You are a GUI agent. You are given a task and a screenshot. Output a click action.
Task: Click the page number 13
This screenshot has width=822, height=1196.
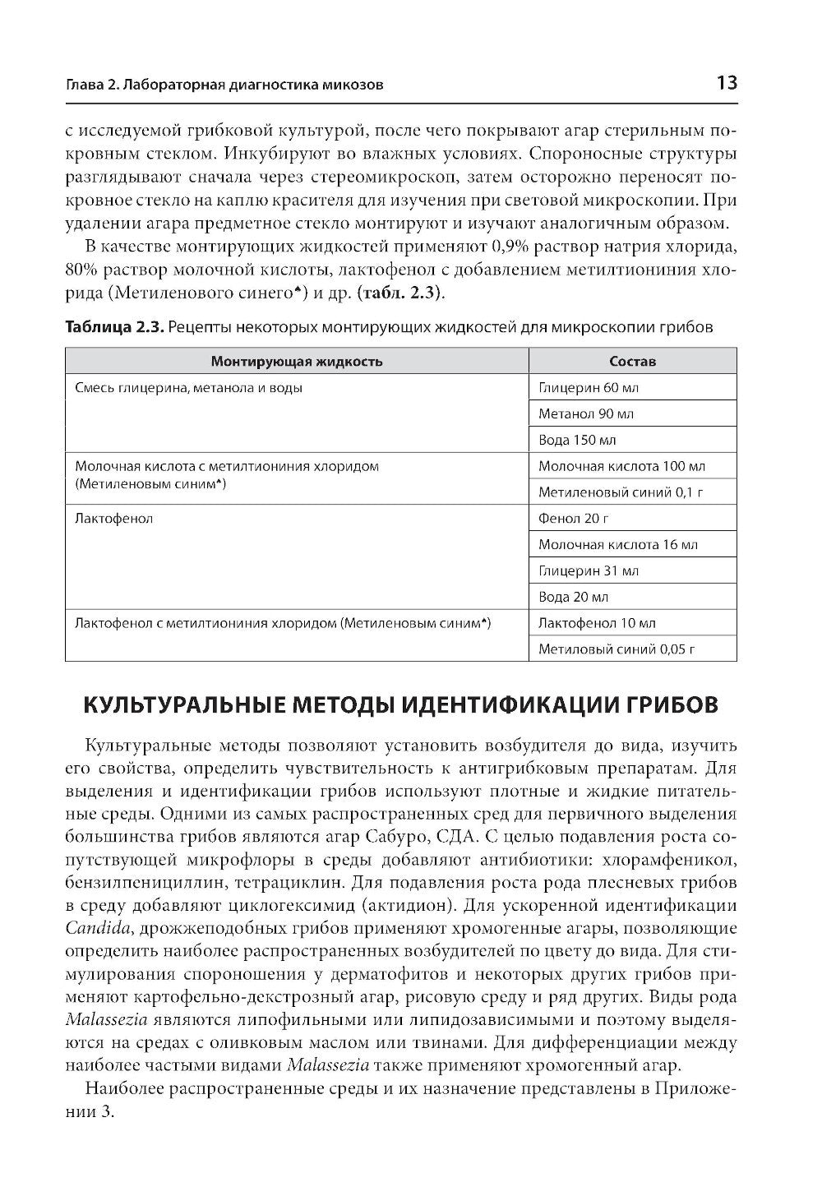pyautogui.click(x=726, y=83)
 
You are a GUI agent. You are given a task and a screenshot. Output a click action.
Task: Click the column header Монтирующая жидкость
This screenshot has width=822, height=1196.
pyautogui.click(x=296, y=361)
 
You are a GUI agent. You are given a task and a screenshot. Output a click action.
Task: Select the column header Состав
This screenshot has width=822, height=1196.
pyautogui.click(x=632, y=361)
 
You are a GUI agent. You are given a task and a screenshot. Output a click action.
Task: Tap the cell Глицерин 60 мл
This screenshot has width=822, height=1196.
pyautogui.click(x=588, y=387)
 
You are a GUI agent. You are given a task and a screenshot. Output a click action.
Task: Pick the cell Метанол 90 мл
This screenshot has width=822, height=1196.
pyautogui.click(x=585, y=413)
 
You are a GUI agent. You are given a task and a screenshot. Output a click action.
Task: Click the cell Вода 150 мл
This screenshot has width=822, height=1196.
pyautogui.click(x=576, y=440)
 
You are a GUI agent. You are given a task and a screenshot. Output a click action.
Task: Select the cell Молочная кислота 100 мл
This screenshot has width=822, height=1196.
pyautogui.click(x=621, y=466)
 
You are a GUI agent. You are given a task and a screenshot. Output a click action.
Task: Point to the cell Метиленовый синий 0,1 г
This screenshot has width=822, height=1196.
pyautogui.click(x=621, y=492)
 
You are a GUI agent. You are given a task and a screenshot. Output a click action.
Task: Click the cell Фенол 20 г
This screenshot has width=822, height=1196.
pyautogui.click(x=573, y=518)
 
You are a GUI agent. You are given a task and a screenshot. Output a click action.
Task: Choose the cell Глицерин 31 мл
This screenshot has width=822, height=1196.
pyautogui.click(x=588, y=570)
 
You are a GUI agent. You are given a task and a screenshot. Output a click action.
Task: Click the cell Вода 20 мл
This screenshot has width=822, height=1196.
pyautogui.click(x=573, y=597)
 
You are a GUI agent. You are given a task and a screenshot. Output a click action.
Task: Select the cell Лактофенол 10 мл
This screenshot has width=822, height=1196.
pyautogui.click(x=596, y=623)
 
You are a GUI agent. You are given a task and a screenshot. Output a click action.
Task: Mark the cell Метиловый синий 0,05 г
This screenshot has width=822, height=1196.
pyautogui.click(x=616, y=649)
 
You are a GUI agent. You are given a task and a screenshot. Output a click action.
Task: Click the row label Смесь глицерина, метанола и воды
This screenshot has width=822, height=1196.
pyautogui.click(x=188, y=387)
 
